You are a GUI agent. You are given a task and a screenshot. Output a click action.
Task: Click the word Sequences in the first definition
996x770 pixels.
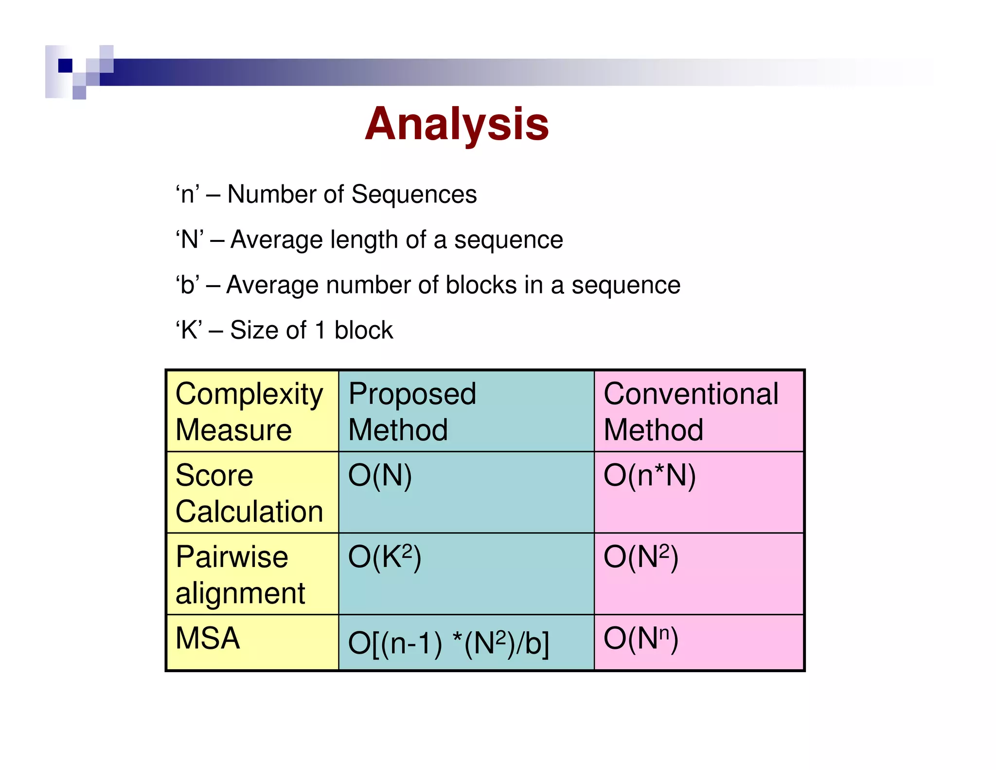click(x=414, y=194)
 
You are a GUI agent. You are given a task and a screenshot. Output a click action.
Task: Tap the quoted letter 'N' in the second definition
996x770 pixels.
click(x=190, y=239)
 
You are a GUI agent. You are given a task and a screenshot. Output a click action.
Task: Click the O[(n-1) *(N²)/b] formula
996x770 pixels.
click(x=448, y=643)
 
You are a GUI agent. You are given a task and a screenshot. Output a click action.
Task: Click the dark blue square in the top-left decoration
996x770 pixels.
click(x=65, y=65)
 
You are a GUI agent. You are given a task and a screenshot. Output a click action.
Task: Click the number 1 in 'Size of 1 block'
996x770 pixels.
click(x=320, y=330)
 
